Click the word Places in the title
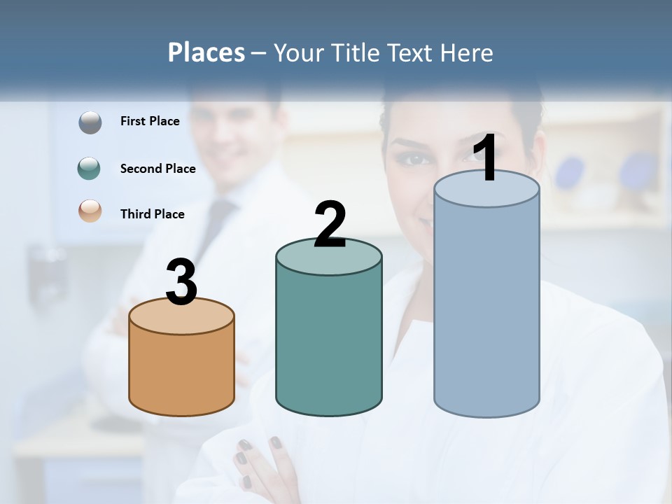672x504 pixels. pos(206,52)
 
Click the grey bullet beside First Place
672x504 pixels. pos(90,122)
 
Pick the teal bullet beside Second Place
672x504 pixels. pos(90,169)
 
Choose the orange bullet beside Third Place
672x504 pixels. pos(90,211)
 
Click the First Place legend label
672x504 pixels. pos(150,121)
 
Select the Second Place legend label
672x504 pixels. pos(157,169)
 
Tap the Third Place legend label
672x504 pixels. pos(152,214)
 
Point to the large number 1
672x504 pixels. pos(485,158)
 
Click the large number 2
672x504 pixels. pos(330,225)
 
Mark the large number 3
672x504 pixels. pos(181,282)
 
